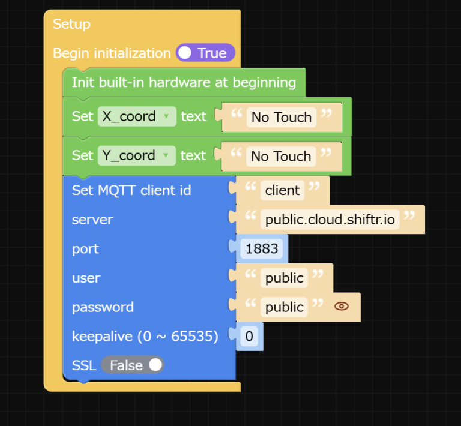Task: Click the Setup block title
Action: pos(71,24)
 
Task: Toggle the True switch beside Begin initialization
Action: pos(205,53)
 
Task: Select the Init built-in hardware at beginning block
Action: pos(184,82)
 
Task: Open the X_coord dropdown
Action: pos(137,116)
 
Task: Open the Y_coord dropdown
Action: pos(137,155)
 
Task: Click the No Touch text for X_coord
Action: pos(281,117)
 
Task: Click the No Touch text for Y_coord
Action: pos(281,156)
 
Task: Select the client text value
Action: pos(282,190)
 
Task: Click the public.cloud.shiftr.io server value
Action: pos(330,220)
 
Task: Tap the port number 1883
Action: pos(262,248)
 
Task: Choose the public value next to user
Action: pos(285,278)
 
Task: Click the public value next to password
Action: pos(285,307)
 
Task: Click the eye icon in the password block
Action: pos(341,307)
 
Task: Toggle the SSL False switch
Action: pos(133,365)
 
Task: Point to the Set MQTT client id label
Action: pos(131,190)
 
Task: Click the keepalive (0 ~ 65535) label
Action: pos(145,337)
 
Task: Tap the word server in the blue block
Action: pos(92,220)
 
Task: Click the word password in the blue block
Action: pos(103,307)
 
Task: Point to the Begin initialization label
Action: pos(112,53)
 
